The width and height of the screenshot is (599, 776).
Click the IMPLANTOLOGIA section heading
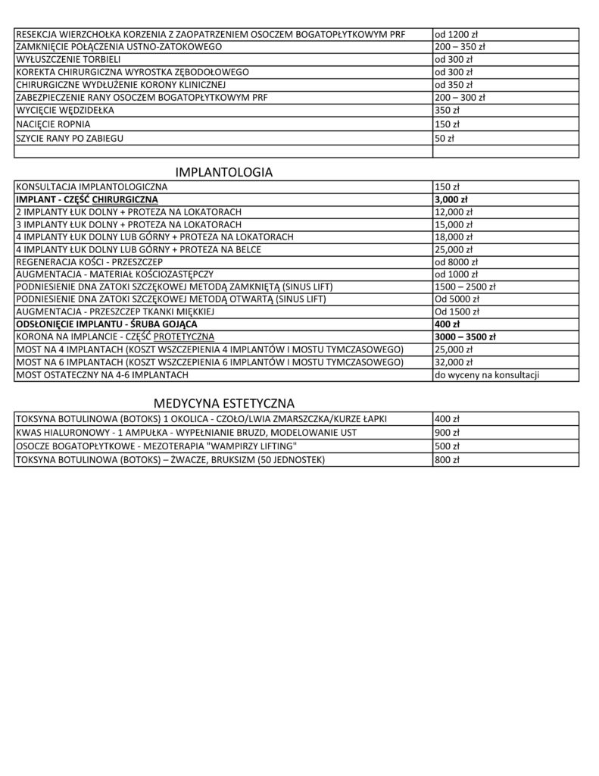tap(224, 172)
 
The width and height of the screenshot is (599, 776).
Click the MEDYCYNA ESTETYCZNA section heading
tap(224, 403)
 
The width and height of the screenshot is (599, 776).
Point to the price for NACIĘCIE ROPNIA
tap(445, 124)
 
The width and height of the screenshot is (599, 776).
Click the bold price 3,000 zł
tap(450, 199)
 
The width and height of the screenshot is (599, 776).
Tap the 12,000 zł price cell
tap(453, 211)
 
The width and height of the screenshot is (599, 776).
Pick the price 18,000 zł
tap(453, 236)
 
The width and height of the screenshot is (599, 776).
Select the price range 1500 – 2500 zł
tap(464, 286)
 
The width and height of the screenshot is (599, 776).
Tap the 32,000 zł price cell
tap(453, 362)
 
